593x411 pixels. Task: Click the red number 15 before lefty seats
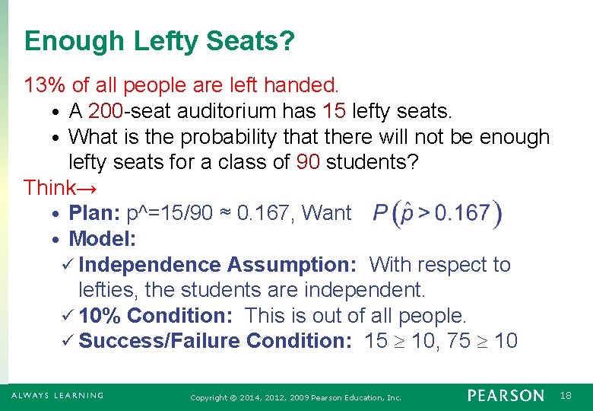[335, 111]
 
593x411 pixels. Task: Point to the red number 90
[308, 162]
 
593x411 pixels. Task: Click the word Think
[49, 187]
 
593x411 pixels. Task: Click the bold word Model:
[103, 239]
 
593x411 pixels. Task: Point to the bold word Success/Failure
[160, 341]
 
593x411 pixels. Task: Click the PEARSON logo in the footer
[506, 396]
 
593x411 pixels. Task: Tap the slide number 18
[566, 396]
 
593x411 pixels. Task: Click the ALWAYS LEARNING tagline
[58, 396]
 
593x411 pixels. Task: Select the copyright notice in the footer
[296, 397]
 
